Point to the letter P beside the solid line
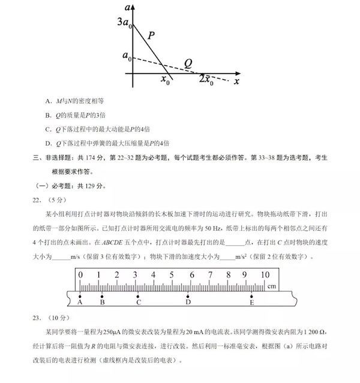(x=151, y=36)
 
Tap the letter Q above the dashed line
(x=188, y=63)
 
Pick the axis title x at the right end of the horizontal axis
(x=237, y=80)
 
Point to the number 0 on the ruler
(x=80, y=275)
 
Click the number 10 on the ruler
(x=264, y=275)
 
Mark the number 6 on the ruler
(x=191, y=275)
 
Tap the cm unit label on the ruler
(x=272, y=287)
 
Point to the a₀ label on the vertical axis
(x=127, y=56)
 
